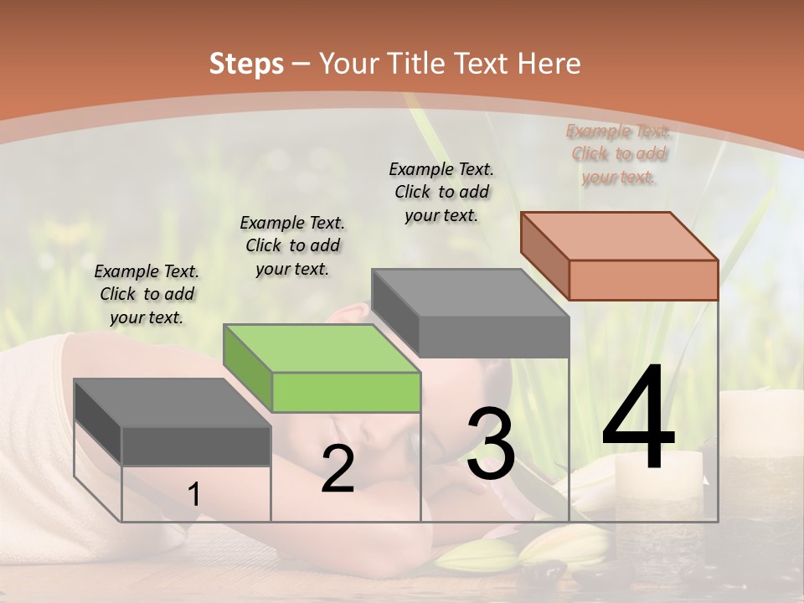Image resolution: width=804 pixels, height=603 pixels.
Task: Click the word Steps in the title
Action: pos(246,63)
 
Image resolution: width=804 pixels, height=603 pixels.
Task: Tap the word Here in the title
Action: pos(549,63)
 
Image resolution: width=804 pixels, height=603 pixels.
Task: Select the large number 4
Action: pos(638,418)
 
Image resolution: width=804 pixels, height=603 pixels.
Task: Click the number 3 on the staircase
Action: pos(490,443)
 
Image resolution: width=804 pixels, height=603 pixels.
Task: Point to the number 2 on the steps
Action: pos(338,470)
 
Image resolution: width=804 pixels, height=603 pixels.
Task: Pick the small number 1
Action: pos(193,495)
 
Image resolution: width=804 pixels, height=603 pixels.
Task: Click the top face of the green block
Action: pos(322,348)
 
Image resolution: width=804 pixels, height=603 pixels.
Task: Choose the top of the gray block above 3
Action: pos(471,293)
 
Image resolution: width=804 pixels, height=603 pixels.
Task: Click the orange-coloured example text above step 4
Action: pos(618,154)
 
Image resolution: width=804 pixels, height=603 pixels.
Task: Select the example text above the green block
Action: pos(292,245)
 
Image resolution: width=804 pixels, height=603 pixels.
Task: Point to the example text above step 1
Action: pos(147,294)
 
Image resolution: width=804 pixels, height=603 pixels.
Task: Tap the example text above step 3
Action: pos(441,192)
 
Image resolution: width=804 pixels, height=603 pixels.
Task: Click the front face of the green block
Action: pos(346,392)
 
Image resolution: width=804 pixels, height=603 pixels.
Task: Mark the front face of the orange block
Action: pos(643,280)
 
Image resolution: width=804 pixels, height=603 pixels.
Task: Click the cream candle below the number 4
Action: pos(646,477)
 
